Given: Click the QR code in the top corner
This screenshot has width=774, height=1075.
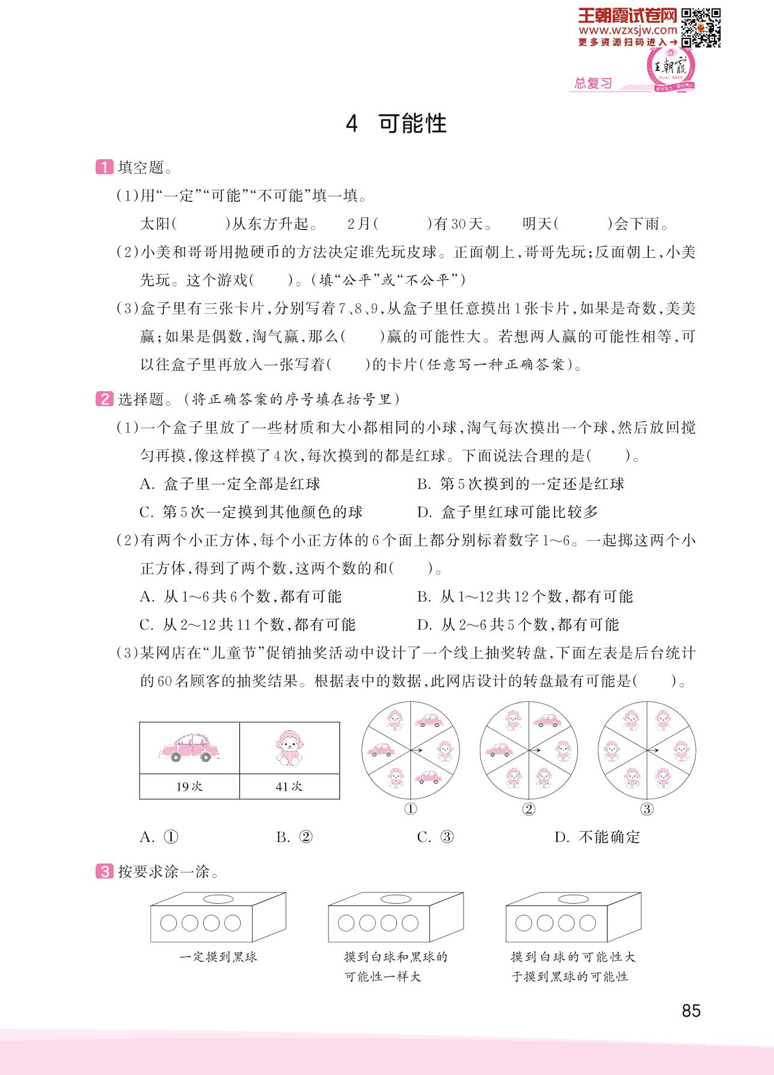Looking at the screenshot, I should point(701,28).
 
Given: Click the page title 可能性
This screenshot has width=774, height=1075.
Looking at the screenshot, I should point(397,124).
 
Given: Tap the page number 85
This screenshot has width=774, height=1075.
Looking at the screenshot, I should point(691,1011).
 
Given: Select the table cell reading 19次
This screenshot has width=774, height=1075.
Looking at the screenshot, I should point(189,787).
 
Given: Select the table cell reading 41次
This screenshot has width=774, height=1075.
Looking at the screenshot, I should point(289,787).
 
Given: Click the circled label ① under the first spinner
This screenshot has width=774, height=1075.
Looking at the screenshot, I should point(410,809).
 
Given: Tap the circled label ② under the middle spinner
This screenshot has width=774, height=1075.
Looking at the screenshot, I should point(528,809).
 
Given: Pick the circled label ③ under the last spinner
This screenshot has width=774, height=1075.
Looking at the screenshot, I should point(647,809).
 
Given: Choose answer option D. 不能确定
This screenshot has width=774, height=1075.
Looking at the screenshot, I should point(597,837).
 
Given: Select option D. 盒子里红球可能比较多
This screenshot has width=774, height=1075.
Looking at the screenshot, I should point(508,512).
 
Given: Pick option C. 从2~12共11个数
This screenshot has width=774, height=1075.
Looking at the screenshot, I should point(247,625).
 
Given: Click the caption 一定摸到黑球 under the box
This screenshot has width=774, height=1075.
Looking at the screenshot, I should point(218,957).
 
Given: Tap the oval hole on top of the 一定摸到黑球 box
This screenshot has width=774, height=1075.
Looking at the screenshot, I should point(218,899).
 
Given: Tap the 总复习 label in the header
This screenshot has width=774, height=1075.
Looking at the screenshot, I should point(592,84).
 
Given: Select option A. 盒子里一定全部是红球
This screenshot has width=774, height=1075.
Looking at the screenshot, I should point(230,484).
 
